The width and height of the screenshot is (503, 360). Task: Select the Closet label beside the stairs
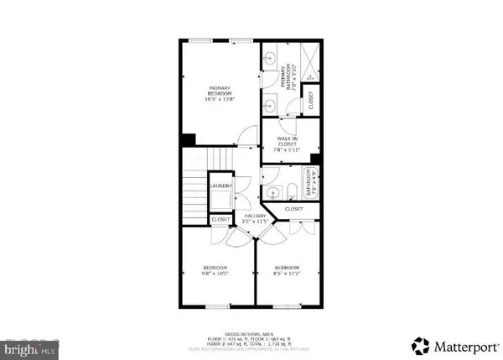click(220, 219)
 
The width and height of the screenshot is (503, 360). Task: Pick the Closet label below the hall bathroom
click(293, 208)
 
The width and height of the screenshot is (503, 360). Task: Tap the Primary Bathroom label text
click(287, 78)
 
